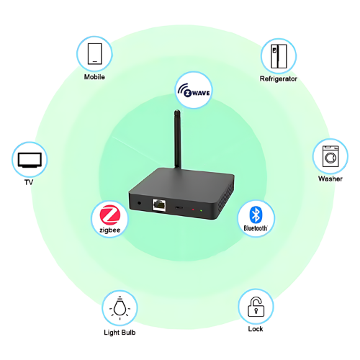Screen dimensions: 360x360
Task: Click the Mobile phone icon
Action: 94,53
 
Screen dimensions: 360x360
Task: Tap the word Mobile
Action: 94,77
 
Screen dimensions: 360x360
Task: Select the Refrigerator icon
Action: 278,55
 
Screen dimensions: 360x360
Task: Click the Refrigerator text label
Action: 278,78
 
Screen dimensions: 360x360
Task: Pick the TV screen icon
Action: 30,158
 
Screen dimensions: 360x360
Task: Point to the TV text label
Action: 30,181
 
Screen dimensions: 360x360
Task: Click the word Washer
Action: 330,179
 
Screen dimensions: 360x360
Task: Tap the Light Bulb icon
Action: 119,308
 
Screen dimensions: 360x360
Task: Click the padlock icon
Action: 255,307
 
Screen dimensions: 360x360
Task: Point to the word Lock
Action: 255,329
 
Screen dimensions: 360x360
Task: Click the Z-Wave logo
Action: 194,90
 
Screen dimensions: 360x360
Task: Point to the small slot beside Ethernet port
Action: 179,208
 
